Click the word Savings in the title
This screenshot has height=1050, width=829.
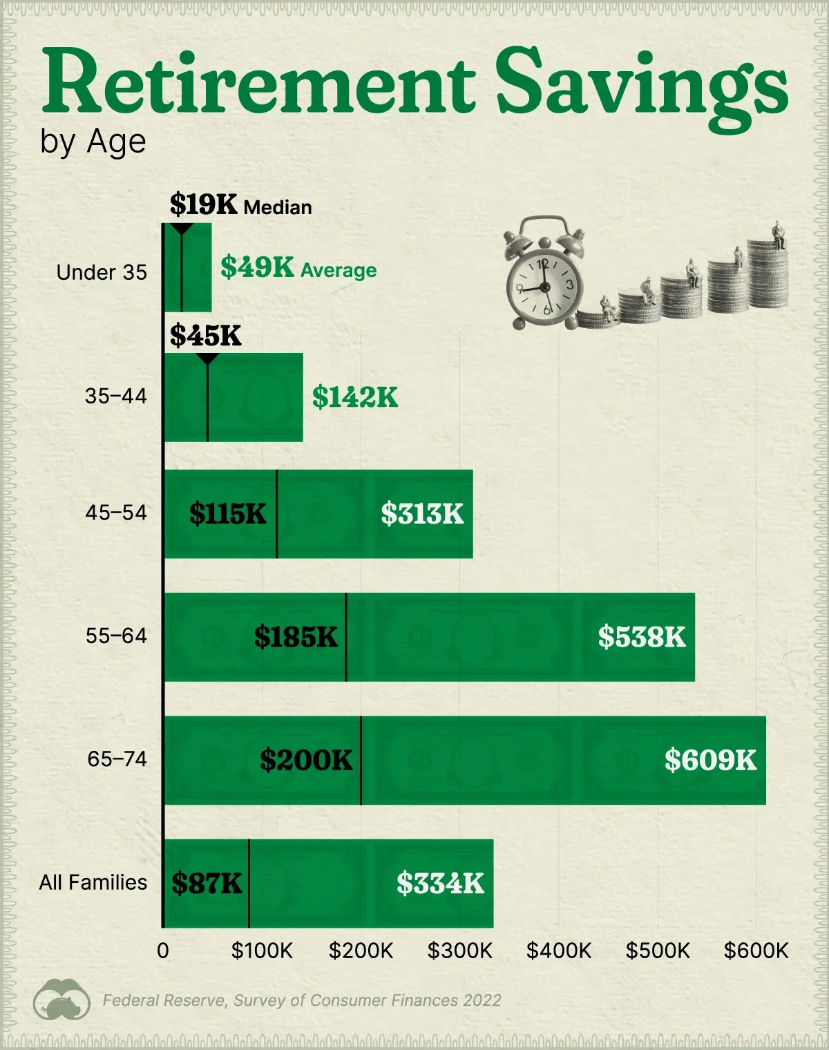click(x=641, y=86)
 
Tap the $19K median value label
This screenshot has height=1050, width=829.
click(x=203, y=205)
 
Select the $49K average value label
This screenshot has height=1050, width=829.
click(x=257, y=268)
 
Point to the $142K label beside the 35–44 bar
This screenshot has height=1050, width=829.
click(x=355, y=397)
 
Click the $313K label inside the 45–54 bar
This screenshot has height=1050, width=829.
click(x=422, y=514)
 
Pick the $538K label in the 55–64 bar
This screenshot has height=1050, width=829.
click(x=642, y=637)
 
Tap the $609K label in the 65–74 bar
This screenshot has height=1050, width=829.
click(x=710, y=760)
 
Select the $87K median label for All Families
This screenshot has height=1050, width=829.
click(x=207, y=884)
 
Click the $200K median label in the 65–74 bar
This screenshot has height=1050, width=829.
click(x=306, y=760)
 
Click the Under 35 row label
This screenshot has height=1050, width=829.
click(x=102, y=273)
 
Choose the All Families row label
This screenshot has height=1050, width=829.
click(x=93, y=883)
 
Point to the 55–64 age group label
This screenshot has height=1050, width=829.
click(x=116, y=636)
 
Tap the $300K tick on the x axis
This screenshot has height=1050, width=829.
click(x=459, y=951)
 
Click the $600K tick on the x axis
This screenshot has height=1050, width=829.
click(x=756, y=951)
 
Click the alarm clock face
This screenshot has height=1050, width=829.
click(x=544, y=285)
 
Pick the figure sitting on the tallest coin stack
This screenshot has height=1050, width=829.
click(x=779, y=235)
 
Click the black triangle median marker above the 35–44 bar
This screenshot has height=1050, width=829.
click(x=207, y=359)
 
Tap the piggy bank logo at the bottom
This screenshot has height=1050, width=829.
click(x=61, y=1000)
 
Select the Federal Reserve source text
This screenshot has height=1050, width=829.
click(x=302, y=1000)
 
